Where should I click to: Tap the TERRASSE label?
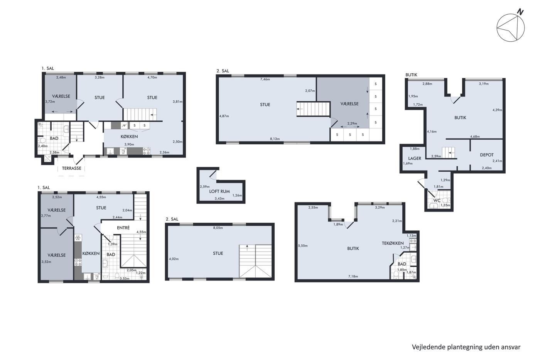point(72,168)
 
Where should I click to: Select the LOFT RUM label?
point(219,191)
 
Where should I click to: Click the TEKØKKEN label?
point(393,243)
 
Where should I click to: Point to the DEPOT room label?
point(487,155)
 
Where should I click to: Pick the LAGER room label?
point(415,159)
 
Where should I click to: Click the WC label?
point(437,201)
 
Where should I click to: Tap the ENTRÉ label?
point(123,228)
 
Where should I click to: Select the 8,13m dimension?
point(275,139)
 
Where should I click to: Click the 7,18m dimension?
point(353,277)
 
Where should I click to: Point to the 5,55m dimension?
point(303,246)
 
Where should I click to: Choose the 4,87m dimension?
point(224,116)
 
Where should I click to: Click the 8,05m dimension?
point(218,228)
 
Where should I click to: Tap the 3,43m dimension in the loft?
point(219,199)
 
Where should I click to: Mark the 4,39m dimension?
point(497,110)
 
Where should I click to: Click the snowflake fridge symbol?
point(78,238)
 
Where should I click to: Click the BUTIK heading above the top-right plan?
point(411,75)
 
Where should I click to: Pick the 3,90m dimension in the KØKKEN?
point(129,144)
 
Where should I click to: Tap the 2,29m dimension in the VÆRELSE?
point(352,123)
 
